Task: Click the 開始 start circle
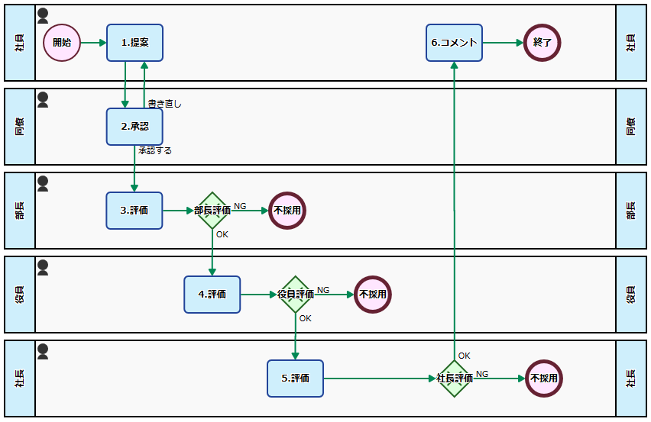coord(62,43)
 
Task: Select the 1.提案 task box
coord(134,43)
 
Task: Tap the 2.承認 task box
coord(134,127)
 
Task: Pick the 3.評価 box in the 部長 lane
coord(134,211)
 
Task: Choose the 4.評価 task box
coord(212,295)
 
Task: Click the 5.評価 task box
coord(295,379)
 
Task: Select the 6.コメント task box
coord(454,43)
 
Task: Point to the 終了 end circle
coord(542,43)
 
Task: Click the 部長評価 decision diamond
coord(212,211)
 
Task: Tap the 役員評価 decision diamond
coord(295,295)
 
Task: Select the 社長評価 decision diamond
coord(455,379)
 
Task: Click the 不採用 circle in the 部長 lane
coord(287,211)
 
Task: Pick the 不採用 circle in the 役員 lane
coord(372,295)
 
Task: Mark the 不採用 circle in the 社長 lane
coord(543,379)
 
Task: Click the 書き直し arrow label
coord(164,104)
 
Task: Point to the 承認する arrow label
coord(155,151)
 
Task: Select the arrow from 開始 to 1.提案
coord(93,43)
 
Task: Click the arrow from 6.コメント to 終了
coord(503,43)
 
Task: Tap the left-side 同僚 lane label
coord(20,127)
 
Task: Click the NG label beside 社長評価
coord(482,374)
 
